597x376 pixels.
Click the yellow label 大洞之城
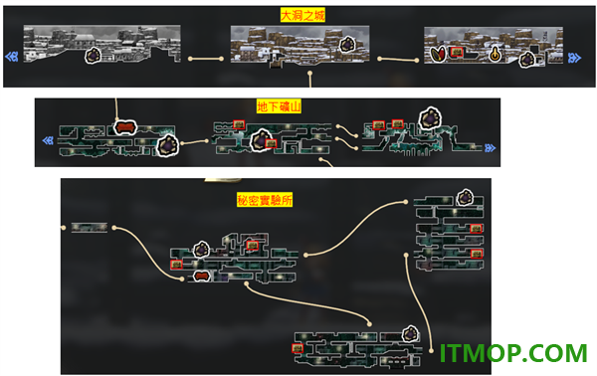302,15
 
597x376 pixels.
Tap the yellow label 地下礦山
279,106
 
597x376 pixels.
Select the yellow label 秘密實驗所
265,199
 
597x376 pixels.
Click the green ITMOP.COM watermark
513,353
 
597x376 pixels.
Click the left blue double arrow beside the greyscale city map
12,57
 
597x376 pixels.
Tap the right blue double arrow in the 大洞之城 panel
574,58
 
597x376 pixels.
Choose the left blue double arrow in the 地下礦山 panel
48,141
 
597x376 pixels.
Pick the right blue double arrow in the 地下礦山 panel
490,147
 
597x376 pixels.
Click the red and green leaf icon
438,54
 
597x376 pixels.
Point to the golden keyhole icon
495,55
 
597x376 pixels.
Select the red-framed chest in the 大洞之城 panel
457,52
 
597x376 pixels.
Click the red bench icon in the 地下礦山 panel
125,127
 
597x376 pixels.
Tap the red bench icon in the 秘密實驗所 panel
201,276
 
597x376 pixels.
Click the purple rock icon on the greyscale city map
93,55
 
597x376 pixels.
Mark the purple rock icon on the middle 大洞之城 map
347,44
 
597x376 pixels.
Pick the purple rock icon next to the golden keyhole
527,59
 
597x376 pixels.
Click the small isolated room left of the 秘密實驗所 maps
90,228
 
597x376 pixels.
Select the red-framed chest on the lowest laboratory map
298,348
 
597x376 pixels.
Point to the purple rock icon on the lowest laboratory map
410,333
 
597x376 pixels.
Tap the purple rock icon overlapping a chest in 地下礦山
261,140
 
